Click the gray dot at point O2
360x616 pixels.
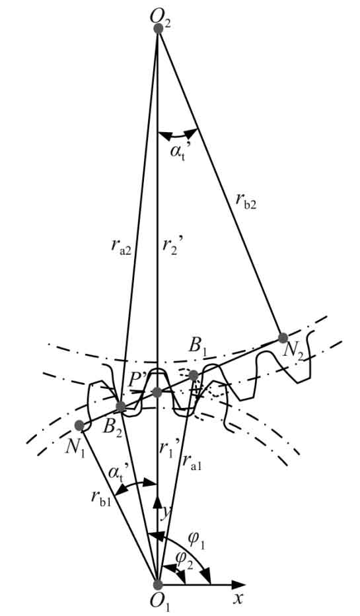click(x=159, y=28)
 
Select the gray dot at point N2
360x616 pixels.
click(x=283, y=337)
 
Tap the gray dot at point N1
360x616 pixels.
click(x=79, y=425)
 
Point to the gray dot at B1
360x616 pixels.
click(x=194, y=376)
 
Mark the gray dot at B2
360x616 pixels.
click(x=121, y=407)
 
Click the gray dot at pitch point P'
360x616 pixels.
click(x=157, y=392)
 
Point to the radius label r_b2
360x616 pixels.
click(x=246, y=202)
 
